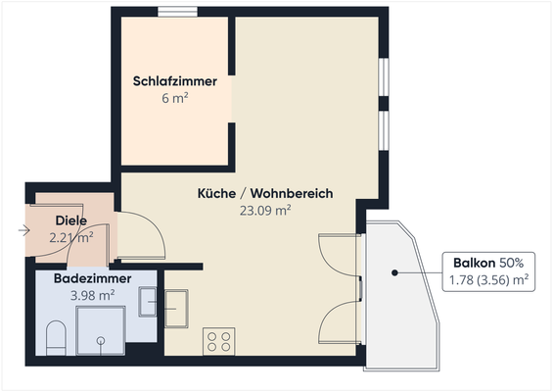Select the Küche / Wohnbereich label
coord(265,194)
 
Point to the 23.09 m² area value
coord(265,210)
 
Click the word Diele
coord(71,220)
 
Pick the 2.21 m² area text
coord(71,235)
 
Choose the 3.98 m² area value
coord(93,294)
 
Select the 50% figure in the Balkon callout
coord(512,263)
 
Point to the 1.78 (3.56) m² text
coord(488,280)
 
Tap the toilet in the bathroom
coord(56,336)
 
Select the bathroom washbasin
coord(148,301)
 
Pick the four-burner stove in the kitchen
coord(217,342)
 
